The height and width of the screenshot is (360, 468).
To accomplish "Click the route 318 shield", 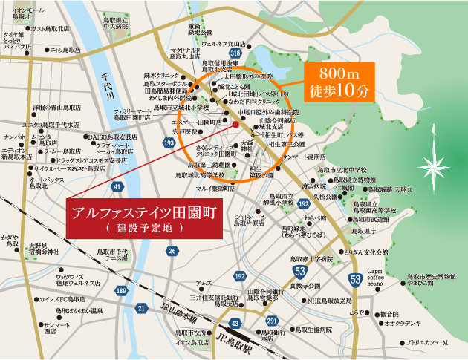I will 235,53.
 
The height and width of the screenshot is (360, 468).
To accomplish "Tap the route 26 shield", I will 172,251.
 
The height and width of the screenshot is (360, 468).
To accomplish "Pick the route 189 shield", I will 121,291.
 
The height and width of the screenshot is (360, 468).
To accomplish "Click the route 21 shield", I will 142,307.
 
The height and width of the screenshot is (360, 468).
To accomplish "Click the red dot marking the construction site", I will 214,125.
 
